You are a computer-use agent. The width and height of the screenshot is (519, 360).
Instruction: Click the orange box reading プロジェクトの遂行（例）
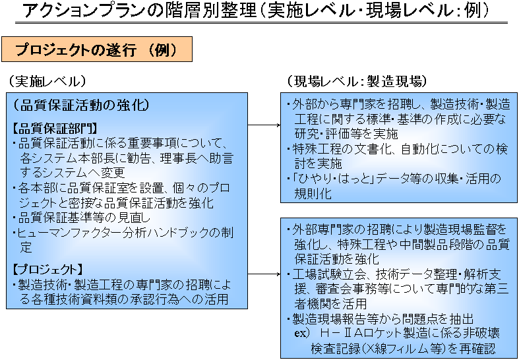[97, 49]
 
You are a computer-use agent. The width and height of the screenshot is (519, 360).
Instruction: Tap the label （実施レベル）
[46, 81]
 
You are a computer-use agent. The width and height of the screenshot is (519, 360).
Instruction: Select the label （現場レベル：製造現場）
[356, 81]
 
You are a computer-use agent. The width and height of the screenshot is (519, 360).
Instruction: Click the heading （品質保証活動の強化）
[81, 105]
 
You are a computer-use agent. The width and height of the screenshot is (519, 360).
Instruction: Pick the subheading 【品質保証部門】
[55, 129]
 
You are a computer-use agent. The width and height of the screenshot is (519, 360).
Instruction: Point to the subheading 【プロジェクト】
[47, 269]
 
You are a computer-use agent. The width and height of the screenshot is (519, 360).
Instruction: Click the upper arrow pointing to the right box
[264, 125]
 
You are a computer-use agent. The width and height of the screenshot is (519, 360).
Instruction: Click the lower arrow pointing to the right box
[264, 274]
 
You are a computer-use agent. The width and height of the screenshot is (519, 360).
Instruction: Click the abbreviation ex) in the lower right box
[302, 333]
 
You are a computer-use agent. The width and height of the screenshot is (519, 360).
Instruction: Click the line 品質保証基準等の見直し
[84, 218]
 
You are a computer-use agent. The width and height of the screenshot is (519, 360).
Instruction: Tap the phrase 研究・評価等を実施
[346, 134]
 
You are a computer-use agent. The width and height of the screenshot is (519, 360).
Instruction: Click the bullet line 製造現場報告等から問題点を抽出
[383, 318]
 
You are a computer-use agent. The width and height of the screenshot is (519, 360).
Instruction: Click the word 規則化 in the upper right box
[313, 194]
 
